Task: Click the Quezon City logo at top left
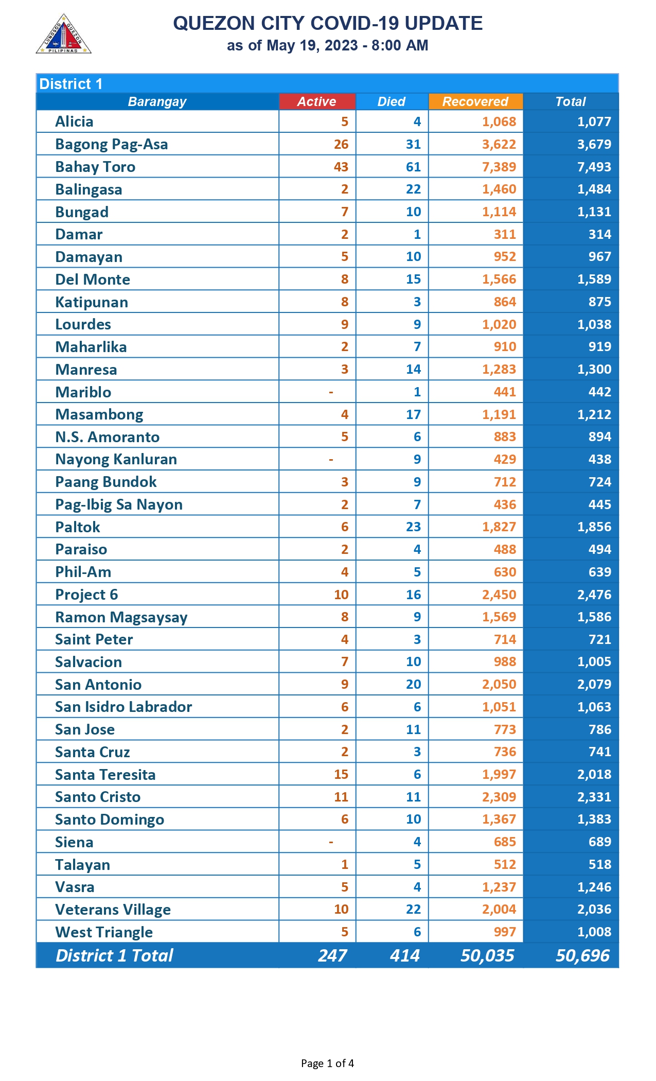[63, 34]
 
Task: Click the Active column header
[316, 101]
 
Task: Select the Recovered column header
[475, 101]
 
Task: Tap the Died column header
[391, 101]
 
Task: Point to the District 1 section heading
[71, 84]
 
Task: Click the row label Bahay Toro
[95, 167]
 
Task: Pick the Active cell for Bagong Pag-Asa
[341, 144]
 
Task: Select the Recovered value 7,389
[499, 167]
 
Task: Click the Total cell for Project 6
[594, 595]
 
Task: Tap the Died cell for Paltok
[413, 527]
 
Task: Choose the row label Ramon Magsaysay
[121, 617]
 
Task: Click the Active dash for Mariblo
[331, 392]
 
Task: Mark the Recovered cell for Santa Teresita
[499, 774]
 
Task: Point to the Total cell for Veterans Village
[594, 909]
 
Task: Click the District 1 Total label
[114, 955]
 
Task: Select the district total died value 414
[404, 955]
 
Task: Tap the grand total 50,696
[582, 955]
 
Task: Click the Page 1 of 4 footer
[327, 1063]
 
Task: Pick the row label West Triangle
[104, 932]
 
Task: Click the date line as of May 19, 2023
[327, 45]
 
